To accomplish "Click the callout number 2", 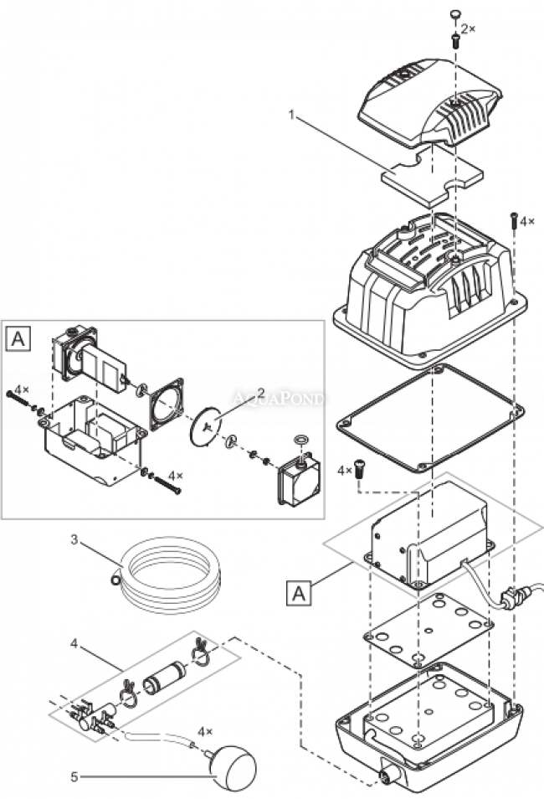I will pyautogui.click(x=262, y=392).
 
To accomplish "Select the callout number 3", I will pyautogui.click(x=74, y=540).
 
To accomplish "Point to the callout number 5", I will pyautogui.click(x=74, y=777).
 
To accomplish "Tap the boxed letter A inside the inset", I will pyautogui.click(x=18, y=338).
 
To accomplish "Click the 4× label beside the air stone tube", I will pyautogui.click(x=206, y=731).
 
